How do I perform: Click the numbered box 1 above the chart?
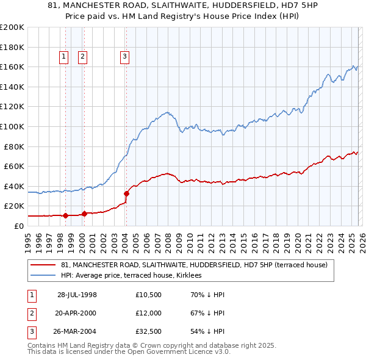[64, 57]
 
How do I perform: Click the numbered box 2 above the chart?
[82, 57]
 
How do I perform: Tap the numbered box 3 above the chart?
[124, 57]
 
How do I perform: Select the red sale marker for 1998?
[65, 215]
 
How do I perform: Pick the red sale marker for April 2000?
[84, 214]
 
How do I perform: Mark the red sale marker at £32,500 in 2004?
[126, 193]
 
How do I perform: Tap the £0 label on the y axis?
[18, 226]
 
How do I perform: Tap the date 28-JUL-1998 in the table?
[77, 295]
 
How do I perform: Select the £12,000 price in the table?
[148, 313]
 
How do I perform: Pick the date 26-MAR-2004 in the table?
[77, 331]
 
